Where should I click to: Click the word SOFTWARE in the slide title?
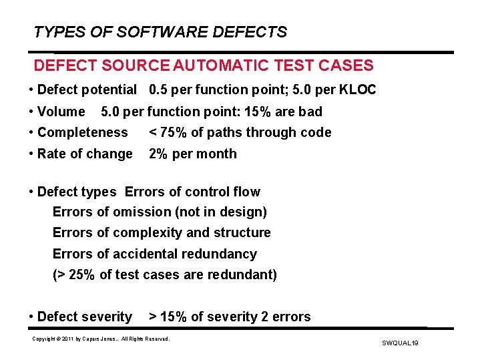pos(150,32)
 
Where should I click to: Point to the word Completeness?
pos(82,132)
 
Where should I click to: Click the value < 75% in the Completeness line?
pos(169,132)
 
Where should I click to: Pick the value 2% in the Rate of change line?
pos(158,154)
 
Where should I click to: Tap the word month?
pos(217,154)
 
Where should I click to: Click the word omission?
pos(144,212)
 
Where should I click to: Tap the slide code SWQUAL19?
pos(400,343)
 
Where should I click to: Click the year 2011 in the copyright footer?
pos(71,339)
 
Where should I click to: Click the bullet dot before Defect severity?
pos(32,317)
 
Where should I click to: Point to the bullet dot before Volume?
pos(32,112)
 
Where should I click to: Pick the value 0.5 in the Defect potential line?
pos(159,89)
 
